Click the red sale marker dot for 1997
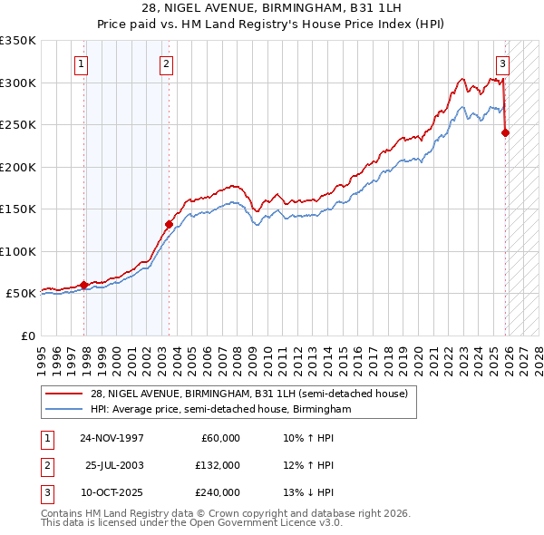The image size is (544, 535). click(84, 285)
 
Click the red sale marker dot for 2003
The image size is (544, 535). click(169, 224)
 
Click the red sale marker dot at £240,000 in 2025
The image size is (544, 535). click(505, 132)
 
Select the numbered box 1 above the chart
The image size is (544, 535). click(82, 63)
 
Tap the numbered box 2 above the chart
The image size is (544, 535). click(167, 63)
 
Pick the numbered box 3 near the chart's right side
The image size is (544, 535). click(502, 63)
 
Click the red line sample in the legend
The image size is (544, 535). click(63, 394)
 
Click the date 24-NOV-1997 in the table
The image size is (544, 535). click(112, 438)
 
